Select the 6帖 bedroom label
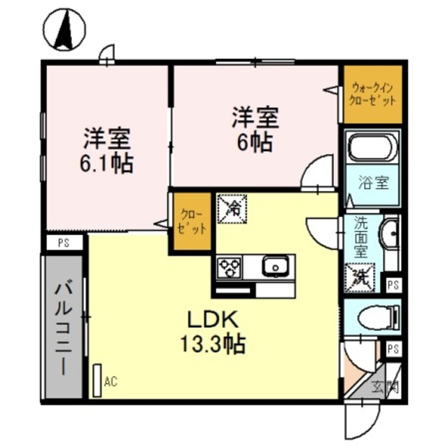pyautogui.click(x=255, y=130)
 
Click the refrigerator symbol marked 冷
pyautogui.click(x=230, y=208)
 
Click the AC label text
pyautogui.click(x=110, y=381)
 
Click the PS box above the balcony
pyautogui.click(x=63, y=243)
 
